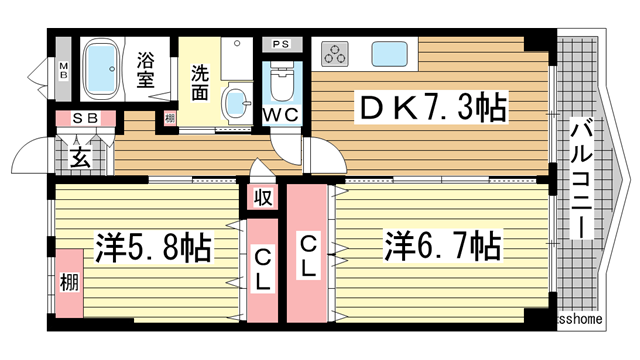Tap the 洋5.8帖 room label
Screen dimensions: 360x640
coord(153,246)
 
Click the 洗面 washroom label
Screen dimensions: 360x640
coord(199,80)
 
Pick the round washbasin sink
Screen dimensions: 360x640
coord(235,101)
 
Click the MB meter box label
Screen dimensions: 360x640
coord(63,73)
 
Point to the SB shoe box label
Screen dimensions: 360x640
coord(84,118)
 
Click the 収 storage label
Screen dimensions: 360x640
coord(263,197)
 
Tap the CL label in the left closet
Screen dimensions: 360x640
coord(262,270)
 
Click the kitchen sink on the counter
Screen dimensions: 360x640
coord(389,52)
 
